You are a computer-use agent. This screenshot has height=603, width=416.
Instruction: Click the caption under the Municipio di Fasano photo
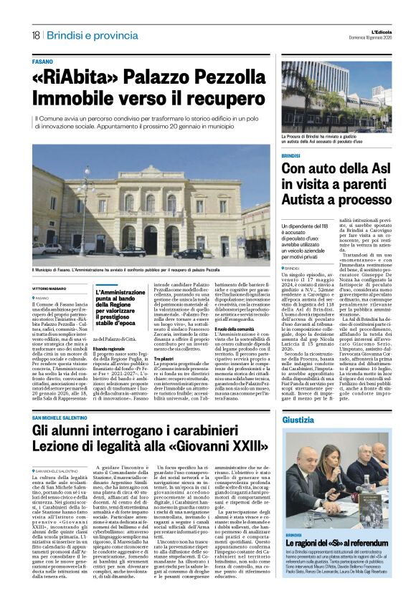pyautogui.click(x=136, y=269)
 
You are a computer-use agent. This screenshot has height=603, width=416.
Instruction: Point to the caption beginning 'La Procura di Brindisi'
pyautogui.click(x=336, y=138)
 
